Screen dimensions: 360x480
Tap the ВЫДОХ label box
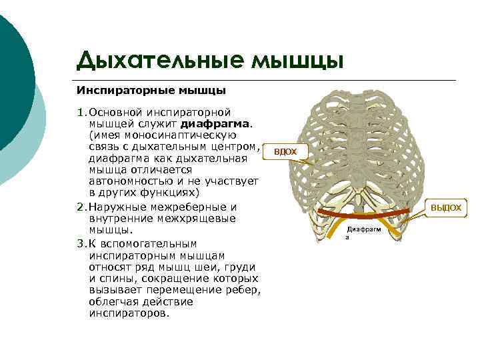[x=445, y=207]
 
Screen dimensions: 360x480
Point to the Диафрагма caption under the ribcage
[x=364, y=231]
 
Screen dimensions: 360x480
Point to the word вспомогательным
[x=153, y=243]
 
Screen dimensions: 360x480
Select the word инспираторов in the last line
[x=127, y=313]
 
